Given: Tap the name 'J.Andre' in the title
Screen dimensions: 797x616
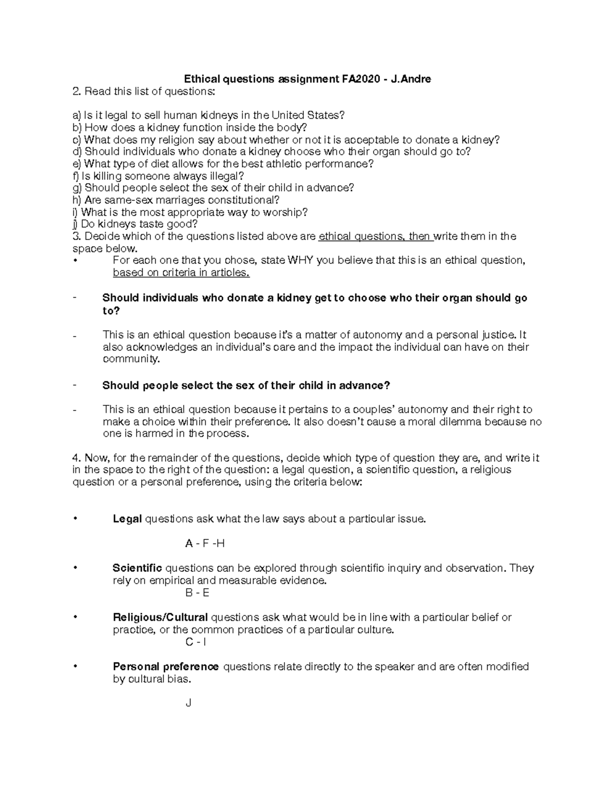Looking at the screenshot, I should [x=411, y=79].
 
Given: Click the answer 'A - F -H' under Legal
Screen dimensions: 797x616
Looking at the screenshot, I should [x=205, y=543].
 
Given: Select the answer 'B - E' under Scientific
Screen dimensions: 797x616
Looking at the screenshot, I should [x=197, y=593].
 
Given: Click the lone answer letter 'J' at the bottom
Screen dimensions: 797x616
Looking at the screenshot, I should [x=188, y=703].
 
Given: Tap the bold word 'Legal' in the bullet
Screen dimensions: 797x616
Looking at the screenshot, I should [x=127, y=519].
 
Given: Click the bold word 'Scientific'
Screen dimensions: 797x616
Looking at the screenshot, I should [x=137, y=568].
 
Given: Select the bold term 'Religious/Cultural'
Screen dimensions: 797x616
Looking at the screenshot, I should [x=160, y=617].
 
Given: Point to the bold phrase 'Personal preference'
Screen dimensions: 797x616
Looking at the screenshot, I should [x=165, y=667].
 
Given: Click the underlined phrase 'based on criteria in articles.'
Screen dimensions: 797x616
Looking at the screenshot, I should [x=181, y=273].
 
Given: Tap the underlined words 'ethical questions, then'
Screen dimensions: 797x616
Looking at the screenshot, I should [x=375, y=236].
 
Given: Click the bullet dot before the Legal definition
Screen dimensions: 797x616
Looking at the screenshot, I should [x=75, y=519].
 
